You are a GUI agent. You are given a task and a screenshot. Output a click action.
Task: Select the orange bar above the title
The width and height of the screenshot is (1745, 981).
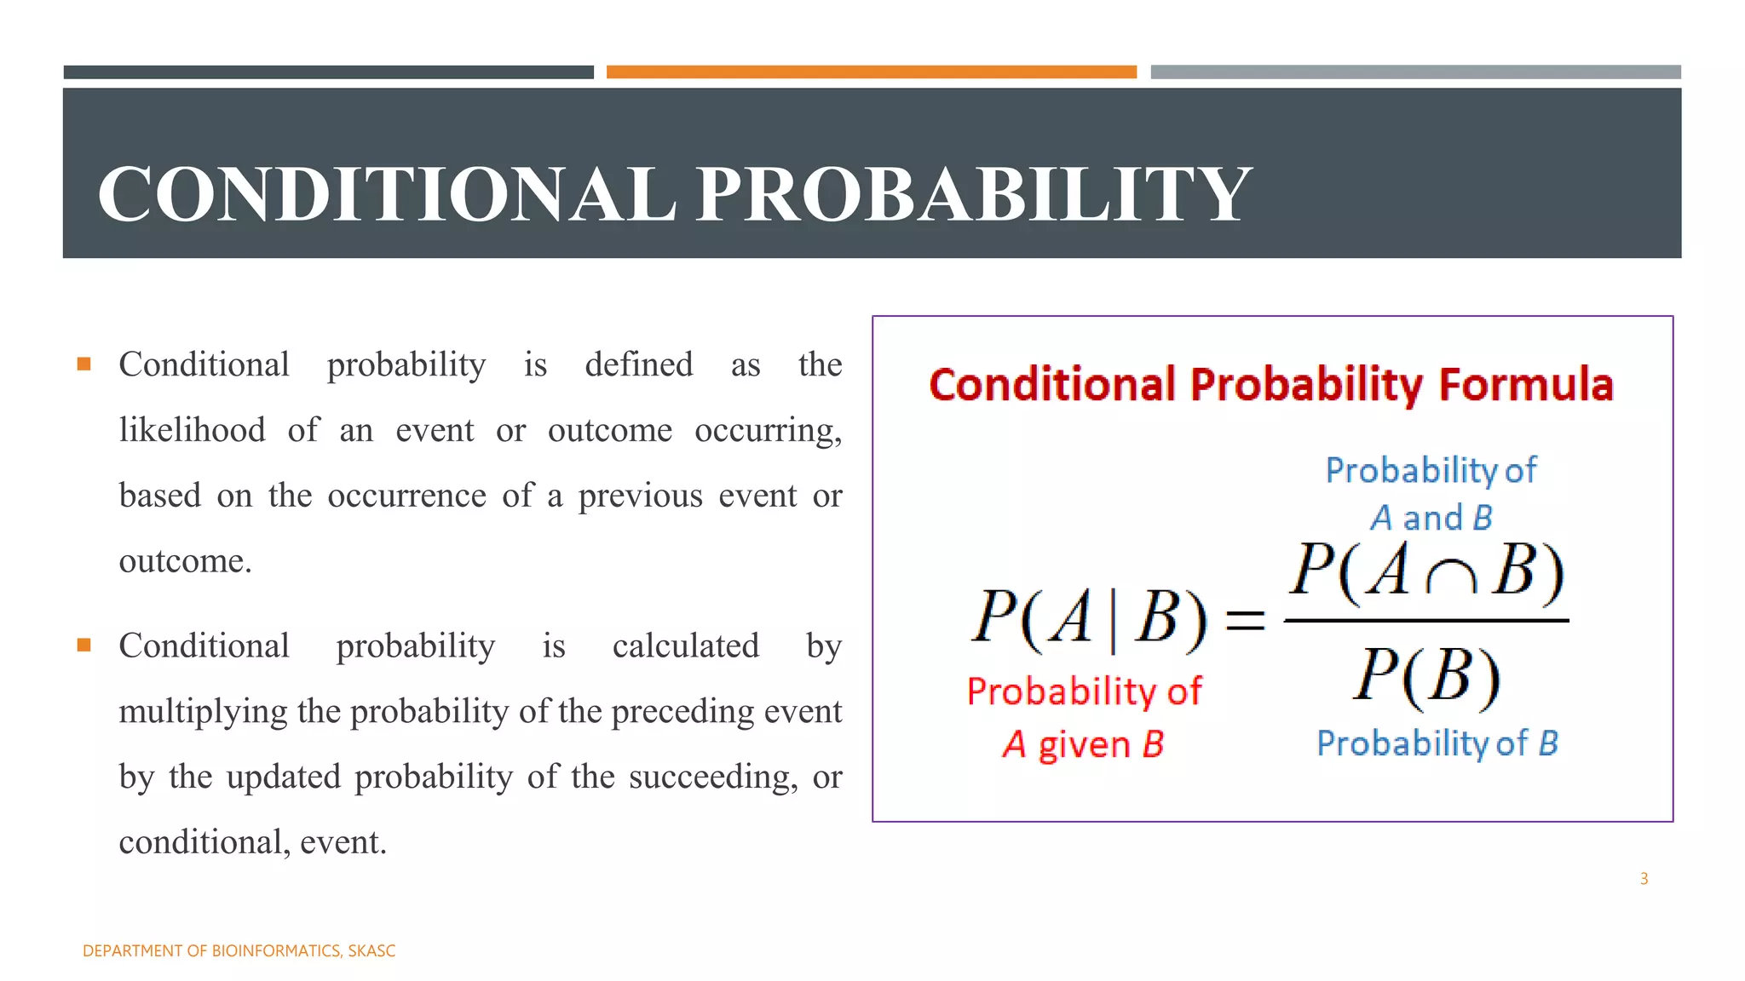coord(871,72)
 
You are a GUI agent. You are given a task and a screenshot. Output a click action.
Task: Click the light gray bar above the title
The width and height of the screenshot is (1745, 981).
coord(1415,72)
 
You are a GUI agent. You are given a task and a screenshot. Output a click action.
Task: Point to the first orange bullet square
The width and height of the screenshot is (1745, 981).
coord(84,364)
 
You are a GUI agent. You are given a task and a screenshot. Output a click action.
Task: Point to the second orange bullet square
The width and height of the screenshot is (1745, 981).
coord(84,645)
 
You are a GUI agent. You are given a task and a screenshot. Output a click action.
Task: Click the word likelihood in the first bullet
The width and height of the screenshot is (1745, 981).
coord(193,430)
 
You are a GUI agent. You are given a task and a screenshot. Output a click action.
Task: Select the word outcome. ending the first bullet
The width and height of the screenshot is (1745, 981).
coord(185,561)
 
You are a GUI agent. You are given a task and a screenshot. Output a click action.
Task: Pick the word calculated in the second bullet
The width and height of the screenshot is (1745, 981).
coord(685,645)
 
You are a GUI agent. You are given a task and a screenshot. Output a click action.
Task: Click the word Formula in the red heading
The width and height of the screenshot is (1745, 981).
coord(1526,384)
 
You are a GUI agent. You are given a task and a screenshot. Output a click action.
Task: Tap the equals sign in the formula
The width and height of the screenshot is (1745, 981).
coord(1245,619)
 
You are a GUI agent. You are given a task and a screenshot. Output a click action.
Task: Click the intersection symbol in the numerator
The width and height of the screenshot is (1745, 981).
coord(1451,578)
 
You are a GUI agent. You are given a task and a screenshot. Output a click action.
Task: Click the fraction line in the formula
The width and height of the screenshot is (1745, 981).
coord(1425,621)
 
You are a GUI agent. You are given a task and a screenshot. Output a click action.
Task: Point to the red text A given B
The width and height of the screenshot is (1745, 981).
coord(1083,744)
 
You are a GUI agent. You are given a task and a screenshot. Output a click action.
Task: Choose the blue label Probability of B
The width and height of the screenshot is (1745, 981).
coord(1437,743)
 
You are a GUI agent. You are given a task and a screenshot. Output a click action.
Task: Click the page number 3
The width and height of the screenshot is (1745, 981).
coord(1644,879)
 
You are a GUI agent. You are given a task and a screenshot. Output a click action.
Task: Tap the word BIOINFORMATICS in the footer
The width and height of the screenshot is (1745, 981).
coord(276,951)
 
